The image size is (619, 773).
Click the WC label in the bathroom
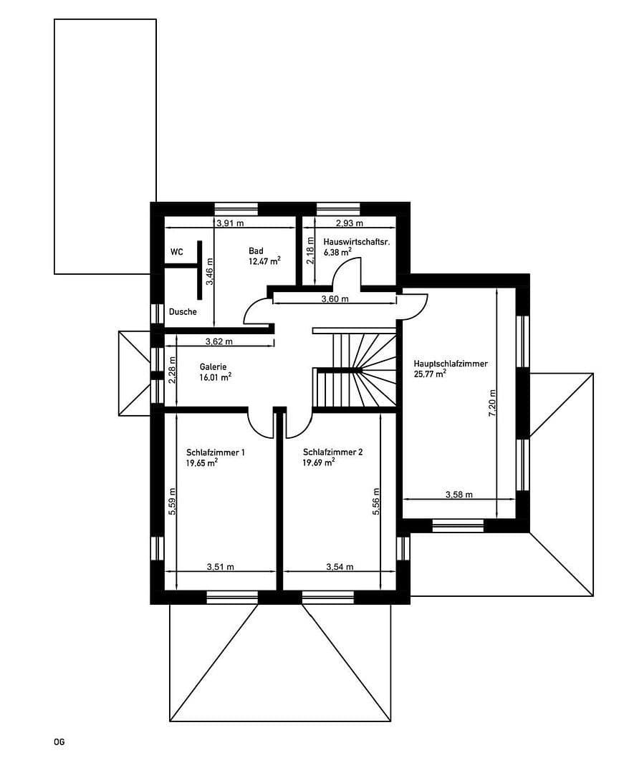pyautogui.click(x=177, y=253)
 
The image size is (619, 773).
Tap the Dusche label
pyautogui.click(x=183, y=312)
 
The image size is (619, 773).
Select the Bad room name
pyautogui.click(x=256, y=251)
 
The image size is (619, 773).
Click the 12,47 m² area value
pyautogui.click(x=264, y=261)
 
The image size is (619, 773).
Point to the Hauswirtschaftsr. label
pyautogui.click(x=356, y=242)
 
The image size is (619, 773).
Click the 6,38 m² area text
pyautogui.click(x=337, y=252)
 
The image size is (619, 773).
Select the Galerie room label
pyautogui.click(x=213, y=366)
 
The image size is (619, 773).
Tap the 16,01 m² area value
pyautogui.click(x=216, y=376)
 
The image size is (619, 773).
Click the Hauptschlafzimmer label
pyautogui.click(x=451, y=364)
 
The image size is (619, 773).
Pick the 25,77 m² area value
pyautogui.click(x=430, y=374)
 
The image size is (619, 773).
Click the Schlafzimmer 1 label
pyautogui.click(x=216, y=452)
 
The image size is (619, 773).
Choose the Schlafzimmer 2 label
pyautogui.click(x=333, y=452)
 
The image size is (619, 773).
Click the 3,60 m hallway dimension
pyautogui.click(x=335, y=299)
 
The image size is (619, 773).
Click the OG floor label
pyautogui.click(x=59, y=742)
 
